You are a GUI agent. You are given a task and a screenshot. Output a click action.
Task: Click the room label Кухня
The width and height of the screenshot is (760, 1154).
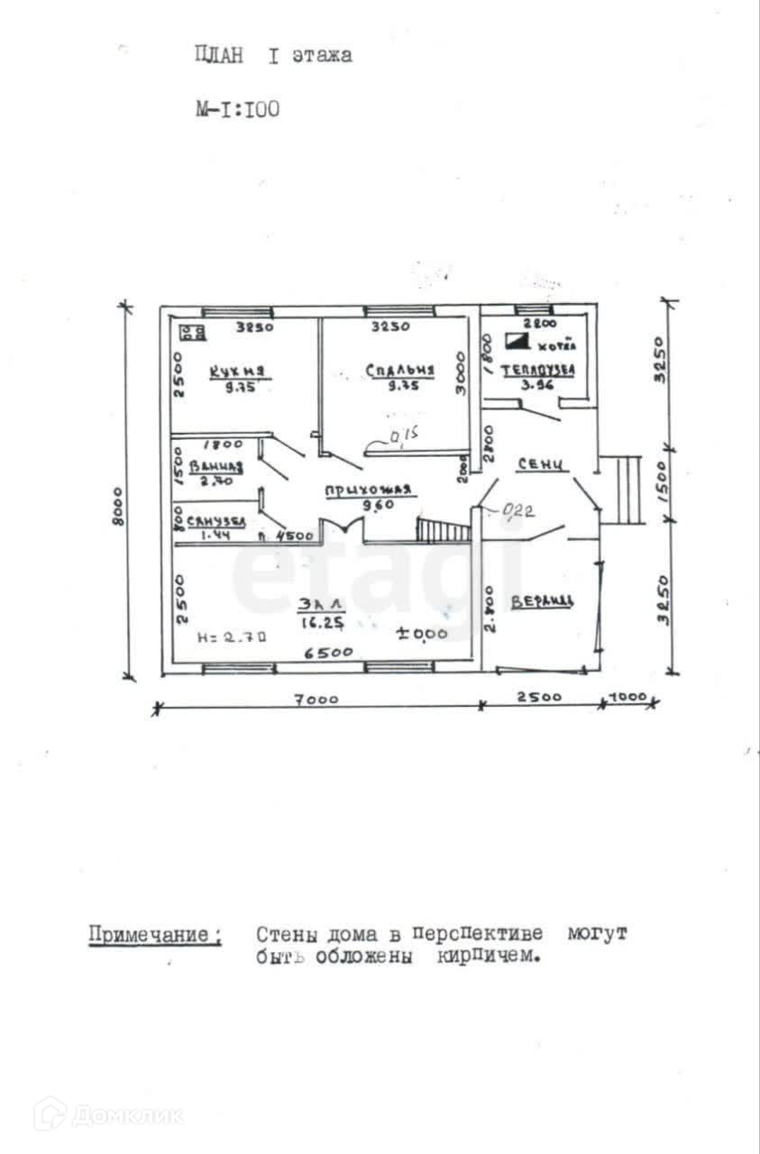point(237,371)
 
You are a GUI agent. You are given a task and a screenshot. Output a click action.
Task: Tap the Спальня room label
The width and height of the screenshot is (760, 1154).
point(400,370)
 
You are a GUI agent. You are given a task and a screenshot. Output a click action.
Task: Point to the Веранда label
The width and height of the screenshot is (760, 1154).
point(542,601)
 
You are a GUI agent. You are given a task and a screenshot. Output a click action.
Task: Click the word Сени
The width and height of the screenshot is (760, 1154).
point(542,464)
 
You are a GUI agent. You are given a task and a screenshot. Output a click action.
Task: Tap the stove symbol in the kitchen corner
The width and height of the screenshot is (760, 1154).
point(191,333)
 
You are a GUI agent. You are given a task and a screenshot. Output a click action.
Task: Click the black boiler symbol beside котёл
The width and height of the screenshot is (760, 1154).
point(517,341)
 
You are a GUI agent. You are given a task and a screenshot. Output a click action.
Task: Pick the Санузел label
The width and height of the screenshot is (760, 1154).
point(215,522)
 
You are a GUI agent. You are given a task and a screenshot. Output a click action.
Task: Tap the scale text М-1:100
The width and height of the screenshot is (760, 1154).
point(237,110)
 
